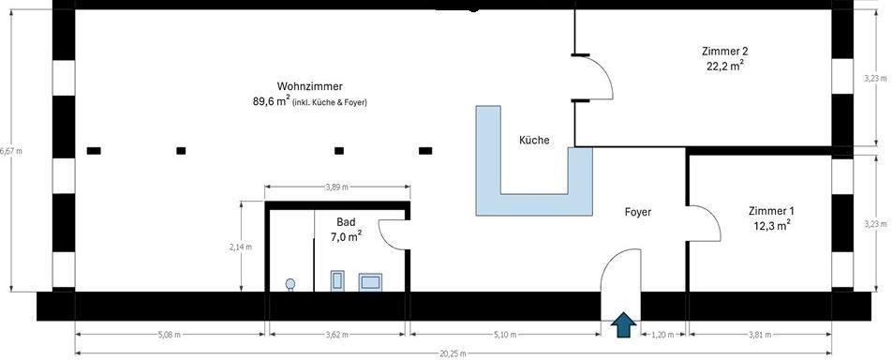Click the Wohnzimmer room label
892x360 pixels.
click(x=309, y=85)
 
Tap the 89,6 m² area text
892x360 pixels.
click(x=272, y=102)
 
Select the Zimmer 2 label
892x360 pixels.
click(x=724, y=51)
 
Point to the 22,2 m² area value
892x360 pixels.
click(x=724, y=67)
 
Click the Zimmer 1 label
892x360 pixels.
click(x=771, y=211)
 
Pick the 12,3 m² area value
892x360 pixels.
click(x=771, y=226)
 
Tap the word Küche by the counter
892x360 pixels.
click(x=534, y=141)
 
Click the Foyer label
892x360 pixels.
click(x=638, y=212)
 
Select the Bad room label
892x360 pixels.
click(x=346, y=222)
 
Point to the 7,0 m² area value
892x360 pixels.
click(x=346, y=237)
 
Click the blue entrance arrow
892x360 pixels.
click(x=622, y=324)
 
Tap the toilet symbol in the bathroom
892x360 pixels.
click(x=291, y=283)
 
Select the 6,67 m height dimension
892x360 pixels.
click(x=11, y=150)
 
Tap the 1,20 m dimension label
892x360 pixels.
click(x=662, y=333)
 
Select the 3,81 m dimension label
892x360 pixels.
click(x=760, y=333)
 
